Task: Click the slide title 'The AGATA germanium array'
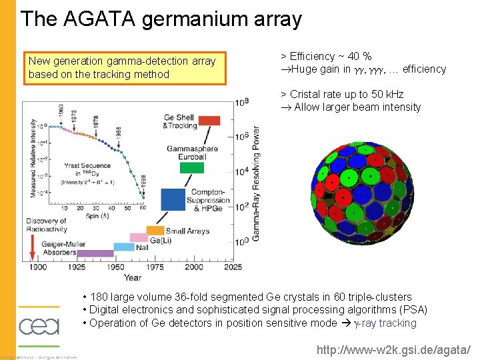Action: pyautogui.click(x=161, y=19)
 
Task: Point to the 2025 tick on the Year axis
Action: pyautogui.click(x=233, y=267)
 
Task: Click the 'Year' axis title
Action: pyautogui.click(x=132, y=277)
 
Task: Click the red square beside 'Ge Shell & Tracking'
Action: pyautogui.click(x=209, y=121)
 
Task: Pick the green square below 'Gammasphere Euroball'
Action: pyautogui.click(x=191, y=167)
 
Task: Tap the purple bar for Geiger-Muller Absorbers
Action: pyautogui.click(x=95, y=253)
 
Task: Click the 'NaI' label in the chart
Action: pyautogui.click(x=142, y=247)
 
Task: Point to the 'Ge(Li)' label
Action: pyautogui.click(x=163, y=240)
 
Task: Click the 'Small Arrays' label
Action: pyautogui.click(x=187, y=231)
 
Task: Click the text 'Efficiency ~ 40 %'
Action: pyautogui.click(x=326, y=57)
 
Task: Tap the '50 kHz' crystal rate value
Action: pyautogui.click(x=386, y=95)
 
